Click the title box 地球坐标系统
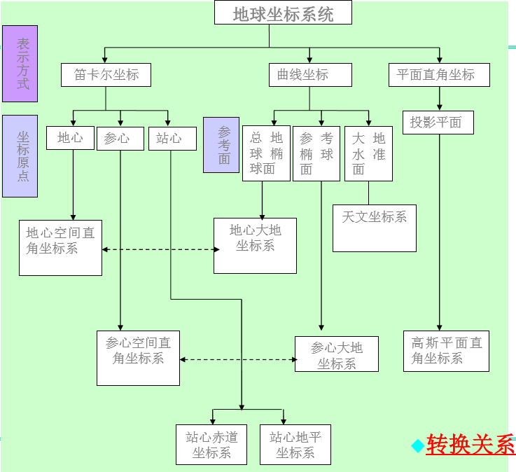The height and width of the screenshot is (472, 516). pos(283,13)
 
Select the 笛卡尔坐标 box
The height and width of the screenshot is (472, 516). pos(106,75)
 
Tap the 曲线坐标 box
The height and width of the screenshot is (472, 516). pos(309,75)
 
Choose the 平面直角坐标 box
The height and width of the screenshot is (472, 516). pos(439,75)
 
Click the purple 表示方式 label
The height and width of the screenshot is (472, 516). pos(20,64)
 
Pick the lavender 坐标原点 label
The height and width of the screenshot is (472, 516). pos(20,155)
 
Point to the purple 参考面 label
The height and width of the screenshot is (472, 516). pos(221,145)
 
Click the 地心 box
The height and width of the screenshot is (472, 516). pos(70,138)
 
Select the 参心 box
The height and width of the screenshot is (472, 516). pos(120,138)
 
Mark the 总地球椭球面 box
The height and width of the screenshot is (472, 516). pos(266,153)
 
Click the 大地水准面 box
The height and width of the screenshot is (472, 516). pos(368,153)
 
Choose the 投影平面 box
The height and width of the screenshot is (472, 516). pos(438,123)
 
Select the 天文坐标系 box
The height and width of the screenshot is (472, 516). pos(374,228)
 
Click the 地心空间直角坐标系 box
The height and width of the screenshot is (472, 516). pos(60,247)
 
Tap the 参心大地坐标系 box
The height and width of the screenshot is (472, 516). pos(336,354)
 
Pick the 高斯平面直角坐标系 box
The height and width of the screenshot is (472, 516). pos(446,351)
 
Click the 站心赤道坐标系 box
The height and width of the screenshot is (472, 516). pos(211,445)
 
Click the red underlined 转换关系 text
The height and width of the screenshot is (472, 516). pos(470,445)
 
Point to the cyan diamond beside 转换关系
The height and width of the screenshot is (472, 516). pos(418,446)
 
